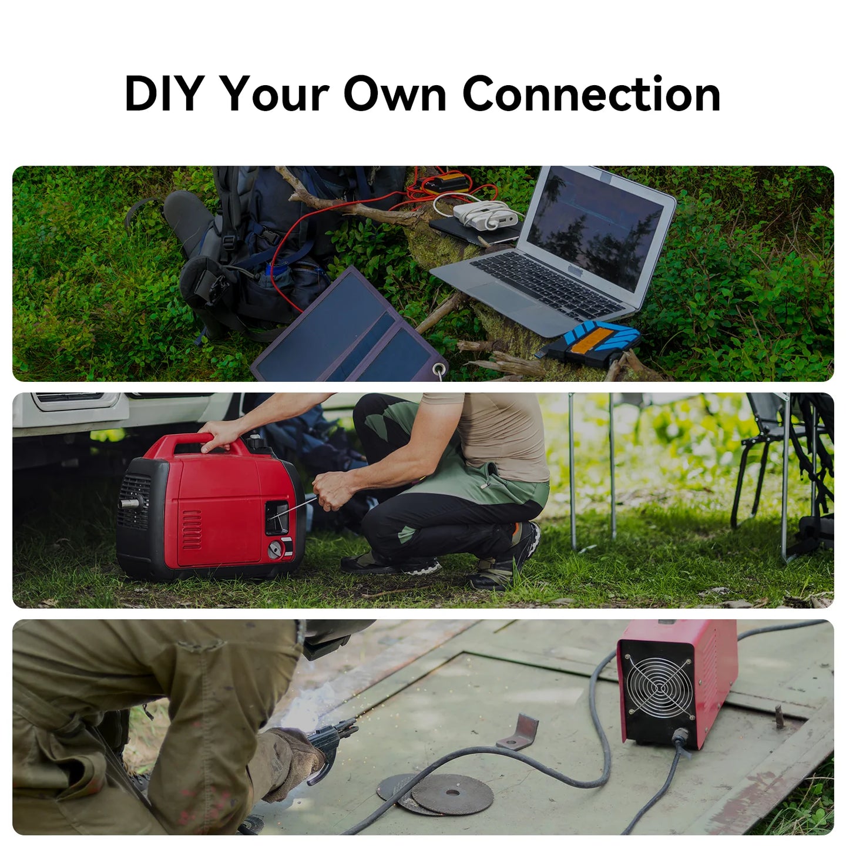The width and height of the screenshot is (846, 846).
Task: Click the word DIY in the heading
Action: pyautogui.click(x=164, y=93)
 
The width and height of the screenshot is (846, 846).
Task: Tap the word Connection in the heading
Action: pyautogui.click(x=592, y=93)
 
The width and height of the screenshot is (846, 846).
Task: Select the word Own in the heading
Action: pyautogui.click(x=395, y=94)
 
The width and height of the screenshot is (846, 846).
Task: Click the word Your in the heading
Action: pyautogui.click(x=276, y=93)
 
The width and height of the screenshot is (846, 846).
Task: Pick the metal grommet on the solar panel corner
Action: pyautogui.click(x=438, y=370)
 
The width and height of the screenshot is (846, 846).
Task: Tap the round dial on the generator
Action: pyautogui.click(x=276, y=549)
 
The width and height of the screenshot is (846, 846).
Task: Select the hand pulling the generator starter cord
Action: pyautogui.click(x=331, y=489)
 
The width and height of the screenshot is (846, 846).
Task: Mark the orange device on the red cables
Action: pyautogui.click(x=444, y=183)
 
